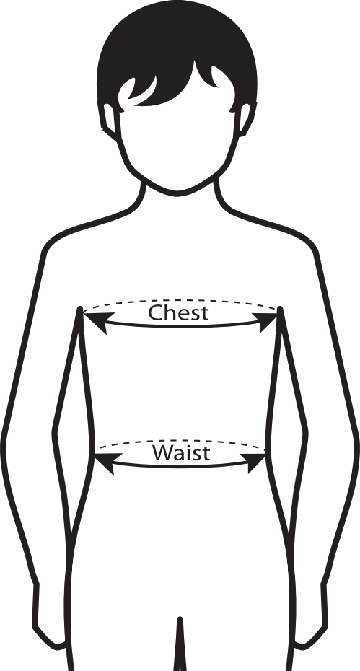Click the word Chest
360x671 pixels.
[178, 313]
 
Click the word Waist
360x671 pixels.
[181, 453]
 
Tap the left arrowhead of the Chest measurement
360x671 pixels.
[97, 321]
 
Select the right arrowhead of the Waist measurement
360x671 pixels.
[254, 461]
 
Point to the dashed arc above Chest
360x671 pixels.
[180, 301]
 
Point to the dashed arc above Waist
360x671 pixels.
[180, 441]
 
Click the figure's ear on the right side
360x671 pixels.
[246, 120]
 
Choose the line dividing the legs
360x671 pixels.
[180, 644]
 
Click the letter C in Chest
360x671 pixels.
[155, 313]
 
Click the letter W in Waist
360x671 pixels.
[162, 453]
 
